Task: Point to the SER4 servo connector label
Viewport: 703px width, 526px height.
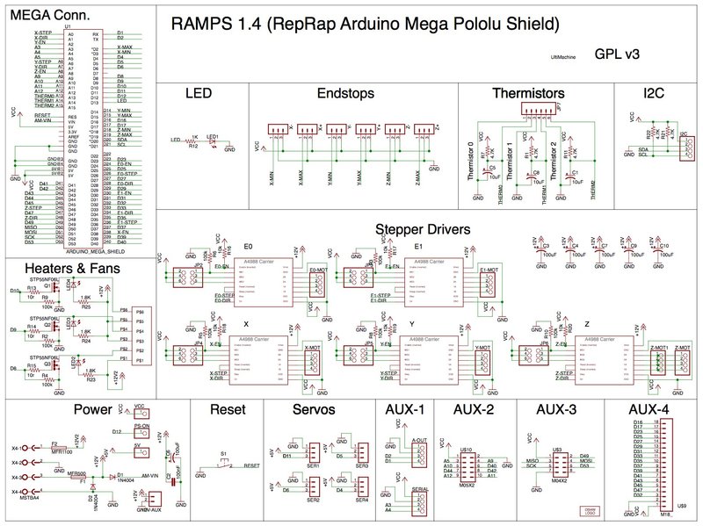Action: pyautogui.click(x=362, y=500)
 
